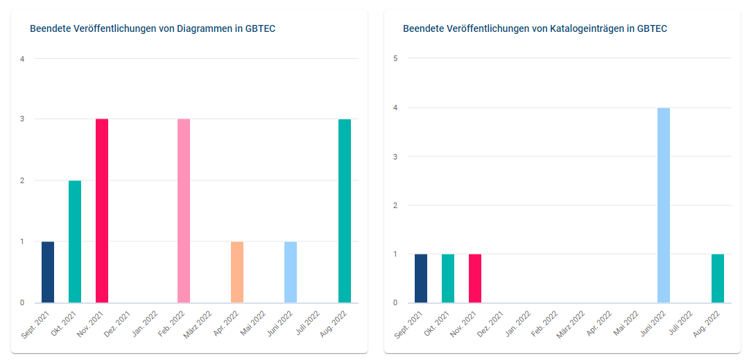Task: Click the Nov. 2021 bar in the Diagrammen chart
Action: click(x=102, y=211)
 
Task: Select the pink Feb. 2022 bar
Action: click(x=184, y=211)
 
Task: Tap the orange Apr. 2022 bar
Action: click(x=237, y=272)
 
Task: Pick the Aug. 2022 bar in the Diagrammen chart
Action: click(x=345, y=211)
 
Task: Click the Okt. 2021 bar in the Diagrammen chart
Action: click(x=75, y=241)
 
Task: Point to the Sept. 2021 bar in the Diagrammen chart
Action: click(x=48, y=272)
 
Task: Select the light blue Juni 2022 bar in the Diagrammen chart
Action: click(x=291, y=272)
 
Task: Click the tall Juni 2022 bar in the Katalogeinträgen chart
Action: click(x=664, y=205)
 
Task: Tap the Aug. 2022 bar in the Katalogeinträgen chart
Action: click(x=718, y=278)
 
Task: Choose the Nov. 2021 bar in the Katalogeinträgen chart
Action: click(x=475, y=278)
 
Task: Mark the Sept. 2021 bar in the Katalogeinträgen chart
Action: click(x=421, y=278)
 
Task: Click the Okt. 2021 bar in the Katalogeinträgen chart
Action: click(x=448, y=278)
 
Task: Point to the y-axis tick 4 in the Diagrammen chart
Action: click(x=22, y=59)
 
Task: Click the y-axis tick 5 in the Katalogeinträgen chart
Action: click(x=395, y=58)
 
